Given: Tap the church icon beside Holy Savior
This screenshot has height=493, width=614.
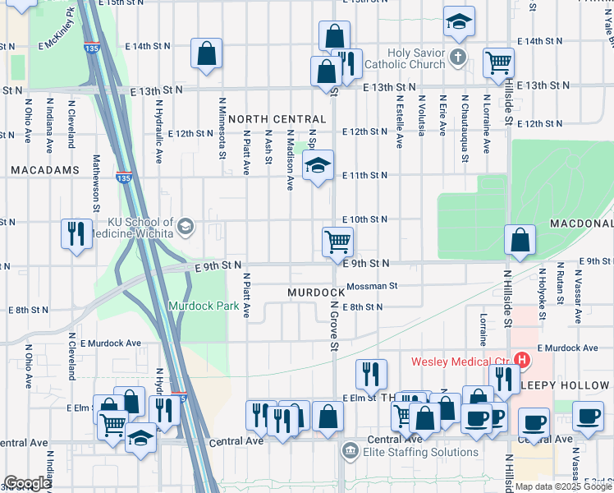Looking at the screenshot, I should (x=459, y=58).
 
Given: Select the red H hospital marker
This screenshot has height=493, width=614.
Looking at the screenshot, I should (x=521, y=360).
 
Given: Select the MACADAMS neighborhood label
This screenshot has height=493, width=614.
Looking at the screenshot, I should (x=45, y=170).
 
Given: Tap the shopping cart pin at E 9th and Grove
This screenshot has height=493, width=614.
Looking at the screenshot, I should (x=337, y=242).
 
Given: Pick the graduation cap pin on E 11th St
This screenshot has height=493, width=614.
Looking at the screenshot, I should (x=318, y=166).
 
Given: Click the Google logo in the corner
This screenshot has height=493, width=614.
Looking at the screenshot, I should (x=27, y=483).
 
